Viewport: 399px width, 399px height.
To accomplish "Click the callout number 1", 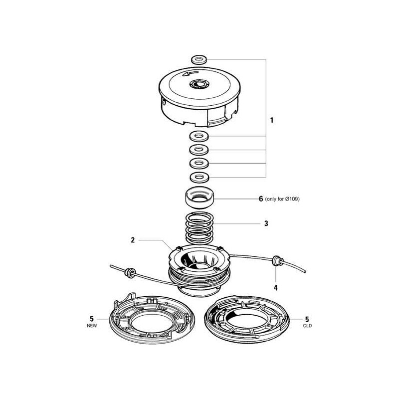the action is click(x=272, y=120).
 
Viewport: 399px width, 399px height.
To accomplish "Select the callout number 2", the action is click(x=133, y=240).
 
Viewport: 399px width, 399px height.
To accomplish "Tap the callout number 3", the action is click(x=266, y=223).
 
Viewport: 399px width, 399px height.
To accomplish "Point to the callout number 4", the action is click(x=276, y=288).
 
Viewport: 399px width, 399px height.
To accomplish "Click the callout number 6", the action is click(x=261, y=199).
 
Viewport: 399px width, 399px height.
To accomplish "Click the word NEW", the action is click(x=92, y=326).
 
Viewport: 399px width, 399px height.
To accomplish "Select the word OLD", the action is click(x=307, y=326).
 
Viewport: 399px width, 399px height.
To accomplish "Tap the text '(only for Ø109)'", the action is click(x=282, y=199).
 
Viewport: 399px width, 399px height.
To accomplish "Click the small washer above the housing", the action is click(x=199, y=60).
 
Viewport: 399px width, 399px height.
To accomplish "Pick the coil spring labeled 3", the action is click(x=199, y=228).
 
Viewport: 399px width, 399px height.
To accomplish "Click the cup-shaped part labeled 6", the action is click(x=199, y=198).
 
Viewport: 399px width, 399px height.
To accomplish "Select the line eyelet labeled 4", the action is click(x=277, y=261).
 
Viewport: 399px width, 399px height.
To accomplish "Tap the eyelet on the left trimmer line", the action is click(x=130, y=272).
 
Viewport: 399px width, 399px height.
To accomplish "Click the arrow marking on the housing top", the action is click(x=190, y=73).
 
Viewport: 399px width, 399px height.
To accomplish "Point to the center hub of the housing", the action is click(x=199, y=83).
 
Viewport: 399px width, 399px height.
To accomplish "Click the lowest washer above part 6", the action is click(x=199, y=177).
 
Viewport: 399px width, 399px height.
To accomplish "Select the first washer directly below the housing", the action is click(x=199, y=136).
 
